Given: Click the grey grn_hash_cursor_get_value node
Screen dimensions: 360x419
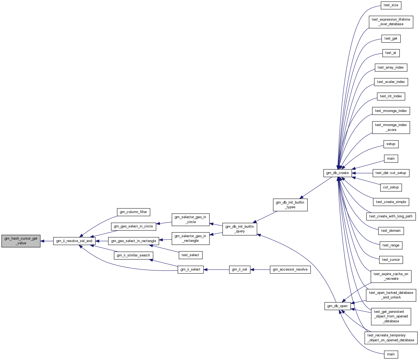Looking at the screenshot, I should pyautogui.click(x=21, y=241).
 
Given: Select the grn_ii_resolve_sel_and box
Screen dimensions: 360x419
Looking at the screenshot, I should pyautogui.click(x=74, y=241).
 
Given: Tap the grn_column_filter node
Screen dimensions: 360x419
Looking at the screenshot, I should pyautogui.click(x=133, y=212).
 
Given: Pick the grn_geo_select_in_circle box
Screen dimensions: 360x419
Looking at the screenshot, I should pyautogui.click(x=133, y=226).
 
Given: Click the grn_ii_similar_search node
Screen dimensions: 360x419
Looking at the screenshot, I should pyautogui.click(x=133, y=255).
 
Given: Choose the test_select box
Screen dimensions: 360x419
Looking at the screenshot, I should pyautogui.click(x=190, y=255).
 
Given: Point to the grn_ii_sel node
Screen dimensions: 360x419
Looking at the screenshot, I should pyautogui.click(x=239, y=269).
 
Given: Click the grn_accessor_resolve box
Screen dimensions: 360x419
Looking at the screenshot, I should pyautogui.click(x=290, y=269).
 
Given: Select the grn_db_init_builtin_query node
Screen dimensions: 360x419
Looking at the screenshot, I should pyautogui.click(x=239, y=229).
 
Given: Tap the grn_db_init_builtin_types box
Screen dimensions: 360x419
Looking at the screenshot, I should pyautogui.click(x=290, y=205).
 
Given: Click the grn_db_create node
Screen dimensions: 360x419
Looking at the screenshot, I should pyautogui.click(x=337, y=173).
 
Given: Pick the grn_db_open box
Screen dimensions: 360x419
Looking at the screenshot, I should pyautogui.click(x=337, y=306).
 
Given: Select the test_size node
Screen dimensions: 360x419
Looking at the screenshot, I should pyautogui.click(x=391, y=5).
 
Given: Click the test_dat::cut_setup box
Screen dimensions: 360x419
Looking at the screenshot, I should pyautogui.click(x=391, y=173).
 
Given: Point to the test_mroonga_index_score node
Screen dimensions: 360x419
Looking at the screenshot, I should pyautogui.click(x=391, y=127).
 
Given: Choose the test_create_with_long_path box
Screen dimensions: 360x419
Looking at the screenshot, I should pyautogui.click(x=391, y=216).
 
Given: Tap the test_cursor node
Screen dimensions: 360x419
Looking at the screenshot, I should pyautogui.click(x=391, y=260).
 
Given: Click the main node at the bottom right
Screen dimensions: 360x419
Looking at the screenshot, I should pyautogui.click(x=391, y=354).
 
